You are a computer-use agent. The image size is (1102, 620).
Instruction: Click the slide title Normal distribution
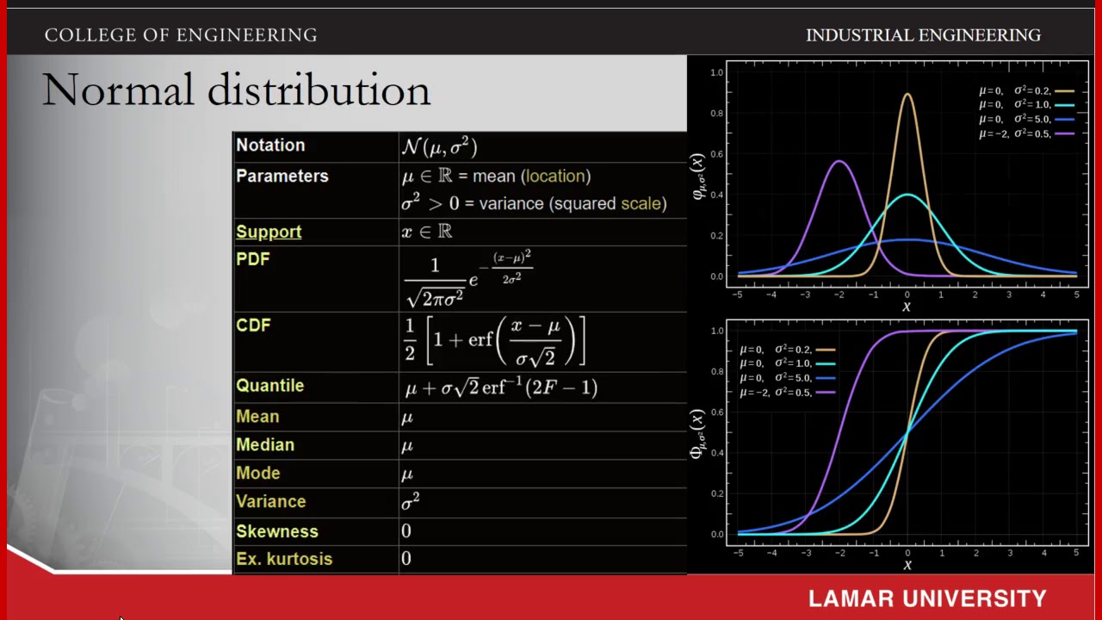pyautogui.click(x=236, y=90)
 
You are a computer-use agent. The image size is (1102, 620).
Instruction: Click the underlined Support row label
pyautogui.click(x=269, y=232)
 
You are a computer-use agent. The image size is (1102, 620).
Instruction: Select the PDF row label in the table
pyautogui.click(x=253, y=259)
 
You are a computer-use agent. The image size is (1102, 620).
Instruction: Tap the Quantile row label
pyautogui.click(x=269, y=386)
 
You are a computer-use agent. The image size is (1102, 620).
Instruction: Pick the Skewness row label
pyautogui.click(x=277, y=531)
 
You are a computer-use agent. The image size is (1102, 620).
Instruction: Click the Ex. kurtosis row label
pyautogui.click(x=284, y=559)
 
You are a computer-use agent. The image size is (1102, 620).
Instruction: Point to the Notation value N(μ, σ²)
pyautogui.click(x=439, y=146)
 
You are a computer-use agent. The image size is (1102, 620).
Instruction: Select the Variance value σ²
pyautogui.click(x=411, y=502)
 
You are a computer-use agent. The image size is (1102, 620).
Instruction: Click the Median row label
pyautogui.click(x=265, y=445)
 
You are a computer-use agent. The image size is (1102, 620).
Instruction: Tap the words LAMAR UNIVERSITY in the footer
pyautogui.click(x=927, y=598)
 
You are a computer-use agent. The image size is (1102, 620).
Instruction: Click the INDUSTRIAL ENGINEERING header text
pyautogui.click(x=923, y=35)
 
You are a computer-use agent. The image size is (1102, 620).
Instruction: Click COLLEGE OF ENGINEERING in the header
pyautogui.click(x=181, y=35)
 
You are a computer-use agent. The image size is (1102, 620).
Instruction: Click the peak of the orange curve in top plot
pyautogui.click(x=907, y=95)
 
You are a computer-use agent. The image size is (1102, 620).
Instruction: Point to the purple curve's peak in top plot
pyautogui.click(x=839, y=161)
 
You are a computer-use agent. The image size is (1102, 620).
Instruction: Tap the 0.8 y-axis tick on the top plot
pyautogui.click(x=716, y=114)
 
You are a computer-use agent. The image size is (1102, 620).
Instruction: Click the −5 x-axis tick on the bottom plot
pyautogui.click(x=737, y=553)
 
